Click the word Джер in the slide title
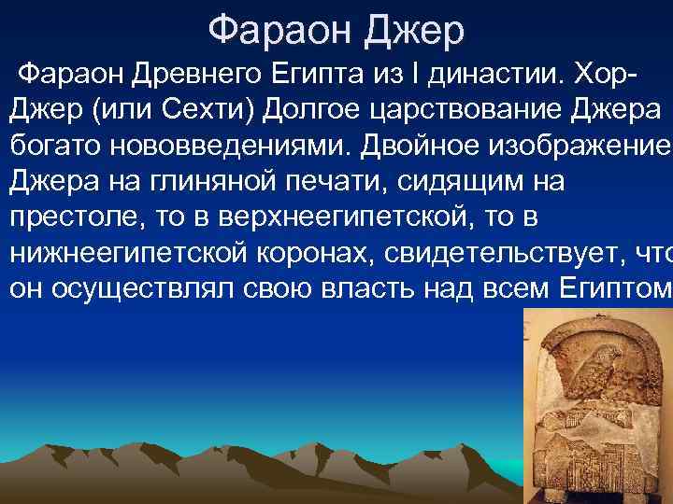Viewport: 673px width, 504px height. [x=414, y=32]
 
